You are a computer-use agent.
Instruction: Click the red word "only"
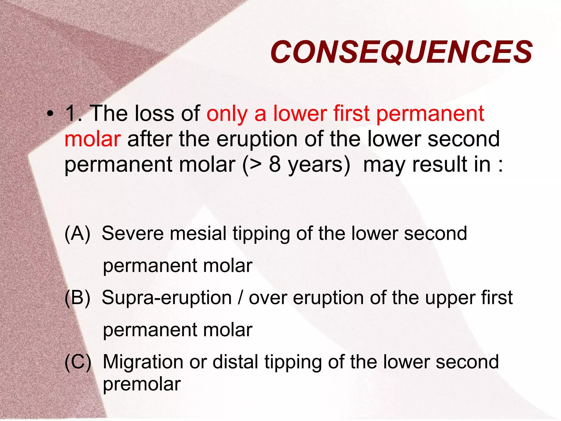(227, 114)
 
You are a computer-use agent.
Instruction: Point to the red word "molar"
(93, 139)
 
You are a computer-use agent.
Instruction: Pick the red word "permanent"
(430, 114)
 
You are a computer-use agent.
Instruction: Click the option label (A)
(78, 234)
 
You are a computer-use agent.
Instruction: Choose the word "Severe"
(133, 233)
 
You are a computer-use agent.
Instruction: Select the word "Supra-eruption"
(167, 298)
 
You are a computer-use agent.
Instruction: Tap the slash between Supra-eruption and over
(240, 298)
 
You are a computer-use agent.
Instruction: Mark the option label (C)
(78, 362)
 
